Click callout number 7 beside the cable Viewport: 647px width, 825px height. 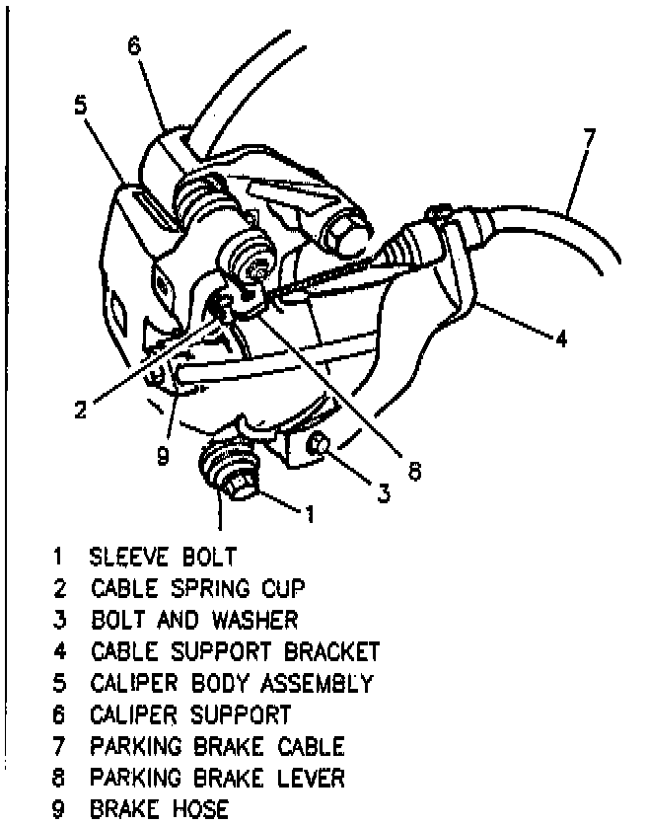[x=589, y=138]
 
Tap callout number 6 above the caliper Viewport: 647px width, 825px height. [x=134, y=43]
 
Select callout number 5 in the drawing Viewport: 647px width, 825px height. [x=80, y=106]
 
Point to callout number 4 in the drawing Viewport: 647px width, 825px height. [x=561, y=338]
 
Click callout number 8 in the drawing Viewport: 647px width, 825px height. [x=414, y=472]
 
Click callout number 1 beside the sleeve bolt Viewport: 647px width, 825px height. [x=309, y=513]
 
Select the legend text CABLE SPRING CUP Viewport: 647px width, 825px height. [x=198, y=589]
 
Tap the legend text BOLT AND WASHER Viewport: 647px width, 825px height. [x=194, y=621]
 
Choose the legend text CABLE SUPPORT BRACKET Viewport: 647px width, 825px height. [x=235, y=652]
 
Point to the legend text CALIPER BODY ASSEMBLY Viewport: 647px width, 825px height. [x=232, y=684]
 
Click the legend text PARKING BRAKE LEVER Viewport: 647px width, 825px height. [x=218, y=779]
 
